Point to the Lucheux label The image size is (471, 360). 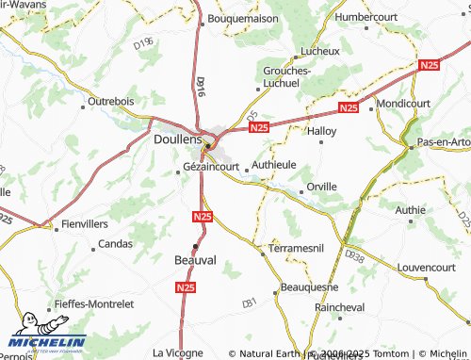(x=318, y=50)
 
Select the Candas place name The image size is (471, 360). (x=116, y=244)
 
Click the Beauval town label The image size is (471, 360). (x=196, y=259)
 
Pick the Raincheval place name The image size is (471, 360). (x=340, y=307)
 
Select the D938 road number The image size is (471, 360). (x=354, y=255)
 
